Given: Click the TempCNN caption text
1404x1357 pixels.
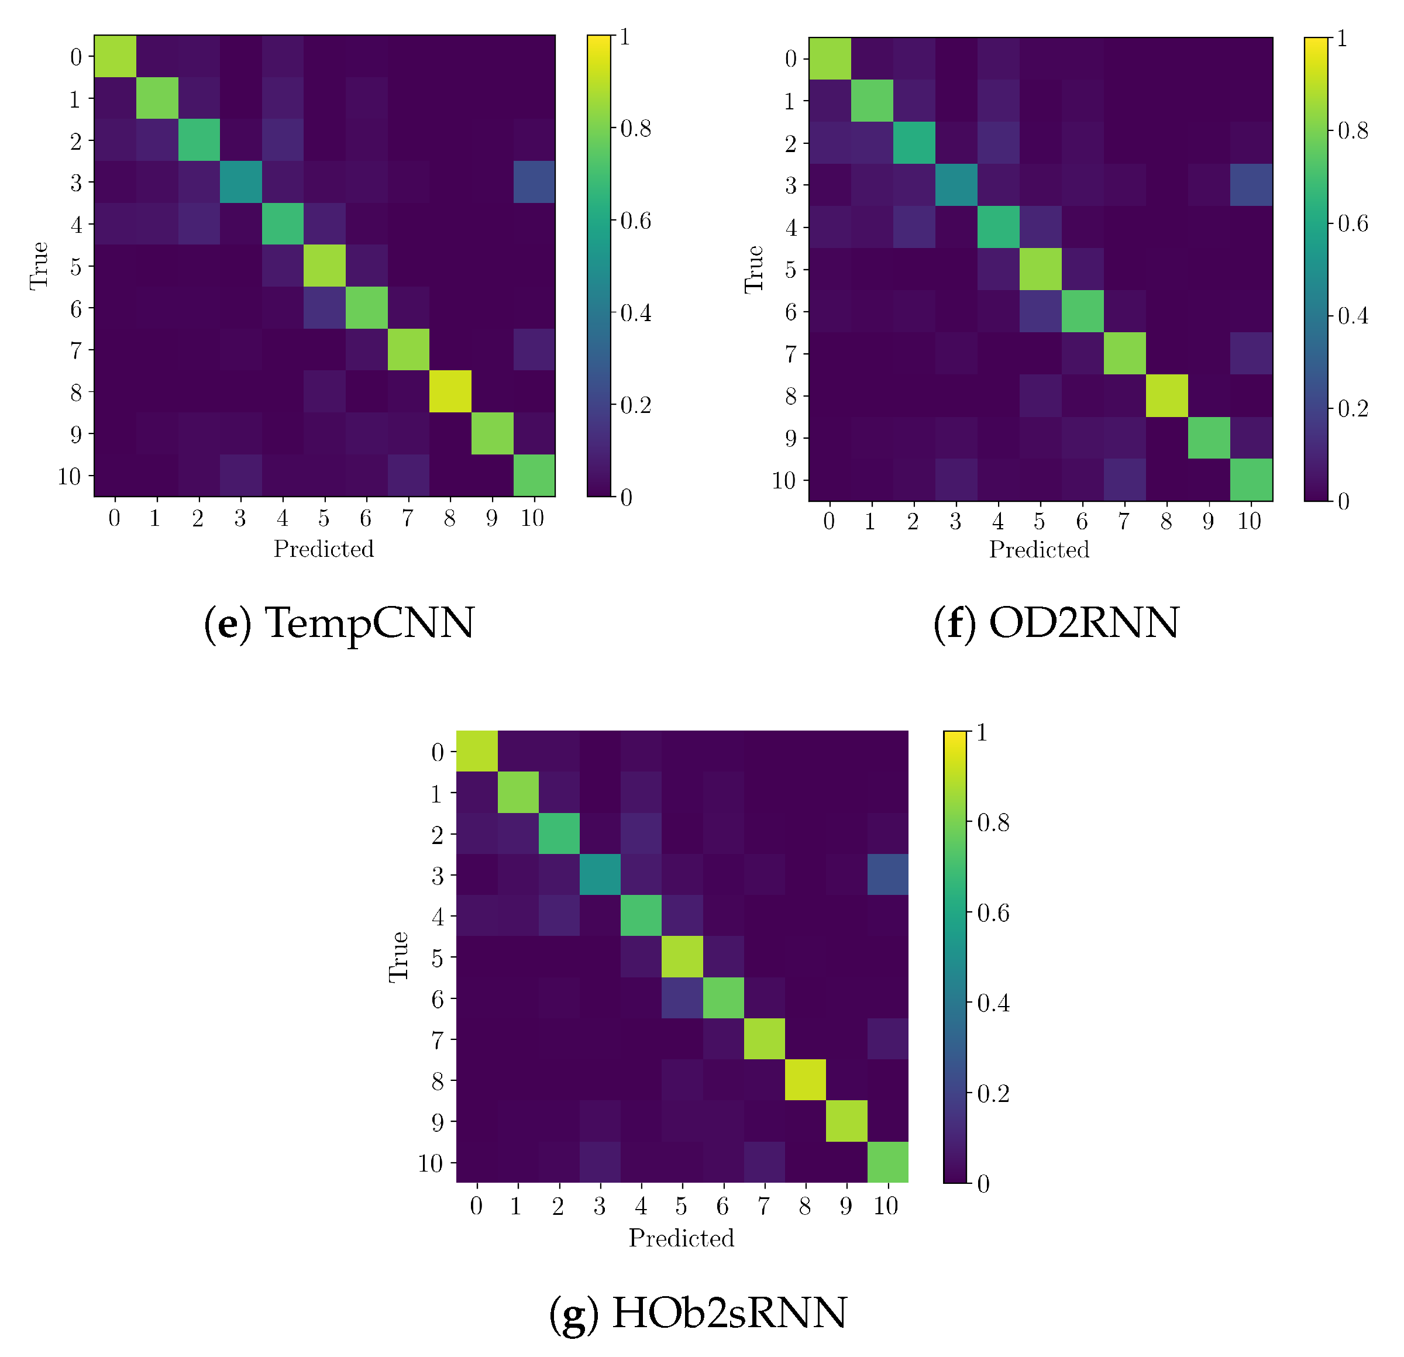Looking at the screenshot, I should pos(339,622).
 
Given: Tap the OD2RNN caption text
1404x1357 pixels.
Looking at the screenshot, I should pos(1056,622).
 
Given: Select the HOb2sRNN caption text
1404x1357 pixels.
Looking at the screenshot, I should pos(698,1313).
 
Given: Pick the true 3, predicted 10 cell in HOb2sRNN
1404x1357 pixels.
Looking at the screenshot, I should pos(887,874).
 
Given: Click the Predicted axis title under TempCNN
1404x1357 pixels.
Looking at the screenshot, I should pos(324,549).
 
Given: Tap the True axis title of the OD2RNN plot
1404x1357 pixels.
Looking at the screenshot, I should pos(754,268).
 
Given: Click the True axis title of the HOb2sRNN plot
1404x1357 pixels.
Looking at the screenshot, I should pos(398,957).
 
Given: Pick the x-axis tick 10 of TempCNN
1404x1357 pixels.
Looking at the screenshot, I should pos(533,518).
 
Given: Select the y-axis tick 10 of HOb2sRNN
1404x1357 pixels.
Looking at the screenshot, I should pos(431,1163).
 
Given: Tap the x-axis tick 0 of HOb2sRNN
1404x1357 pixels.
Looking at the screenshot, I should pos(476,1207).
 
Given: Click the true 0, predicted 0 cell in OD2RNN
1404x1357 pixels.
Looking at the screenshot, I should pos(830,58).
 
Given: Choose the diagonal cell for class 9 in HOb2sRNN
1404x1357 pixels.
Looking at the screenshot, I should pos(846,1121).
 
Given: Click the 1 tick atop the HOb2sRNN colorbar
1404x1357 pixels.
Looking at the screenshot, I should pos(982,732).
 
